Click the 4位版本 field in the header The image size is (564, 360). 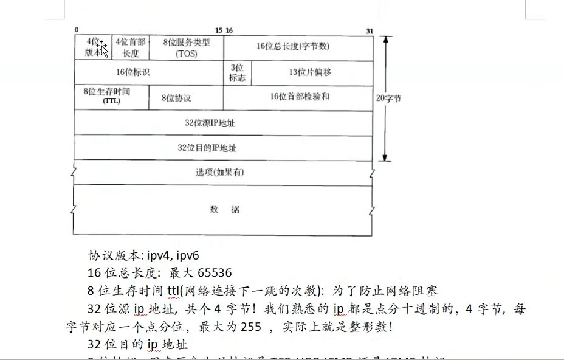click(93, 47)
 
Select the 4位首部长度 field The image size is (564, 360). click(131, 47)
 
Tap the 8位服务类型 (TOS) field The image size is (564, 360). click(186, 47)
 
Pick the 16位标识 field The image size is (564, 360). click(134, 72)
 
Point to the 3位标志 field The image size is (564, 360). click(238, 72)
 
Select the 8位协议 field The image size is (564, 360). click(177, 98)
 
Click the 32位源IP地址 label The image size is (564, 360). click(210, 123)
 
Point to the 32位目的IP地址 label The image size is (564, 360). click(207, 148)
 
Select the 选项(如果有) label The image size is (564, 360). click(220, 172)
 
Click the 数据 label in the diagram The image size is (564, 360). click(225, 210)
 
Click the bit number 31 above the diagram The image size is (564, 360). click(370, 30)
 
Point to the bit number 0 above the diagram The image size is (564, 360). click(77, 30)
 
